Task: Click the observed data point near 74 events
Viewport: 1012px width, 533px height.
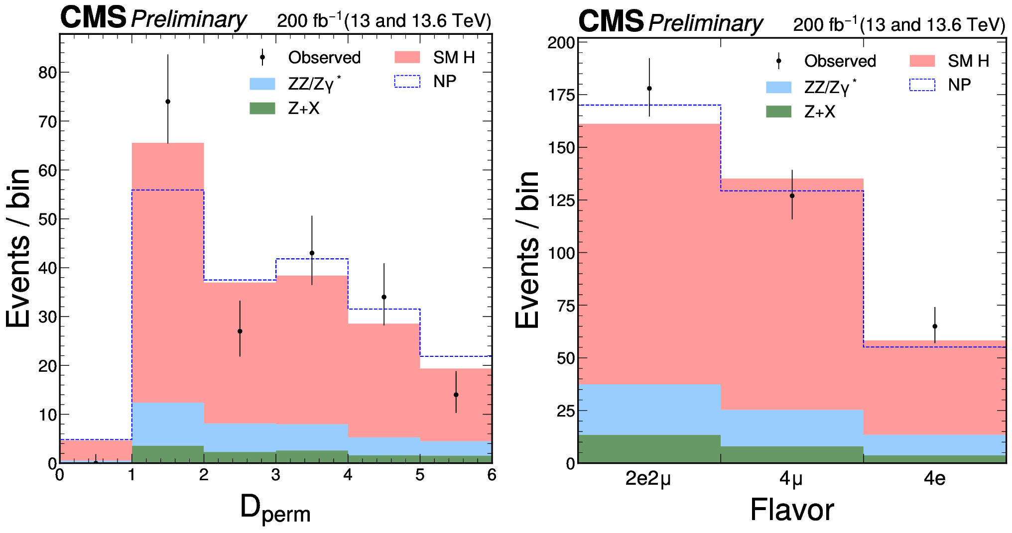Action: point(168,102)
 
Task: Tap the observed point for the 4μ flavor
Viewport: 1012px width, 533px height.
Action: point(792,196)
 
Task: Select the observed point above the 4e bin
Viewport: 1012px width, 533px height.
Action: point(935,326)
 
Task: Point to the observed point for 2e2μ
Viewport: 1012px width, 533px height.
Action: point(649,89)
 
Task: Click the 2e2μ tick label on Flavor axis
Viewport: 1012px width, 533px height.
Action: point(648,479)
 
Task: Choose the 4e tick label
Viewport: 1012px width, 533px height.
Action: point(934,479)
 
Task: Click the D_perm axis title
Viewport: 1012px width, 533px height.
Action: point(275,509)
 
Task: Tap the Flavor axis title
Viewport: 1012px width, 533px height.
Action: point(792,510)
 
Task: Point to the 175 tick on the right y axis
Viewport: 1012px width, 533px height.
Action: point(561,95)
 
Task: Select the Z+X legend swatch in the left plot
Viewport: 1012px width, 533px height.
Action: point(262,108)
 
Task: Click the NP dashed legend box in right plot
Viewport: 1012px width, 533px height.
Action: point(922,85)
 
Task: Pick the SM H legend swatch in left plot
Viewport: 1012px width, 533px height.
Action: point(407,57)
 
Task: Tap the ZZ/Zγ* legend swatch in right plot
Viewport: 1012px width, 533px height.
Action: point(779,88)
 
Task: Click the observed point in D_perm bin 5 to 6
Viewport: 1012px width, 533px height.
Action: point(456,395)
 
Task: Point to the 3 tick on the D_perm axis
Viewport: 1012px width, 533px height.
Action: point(276,475)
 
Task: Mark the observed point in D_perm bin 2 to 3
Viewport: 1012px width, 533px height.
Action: point(240,331)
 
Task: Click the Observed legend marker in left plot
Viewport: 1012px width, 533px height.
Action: point(262,57)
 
